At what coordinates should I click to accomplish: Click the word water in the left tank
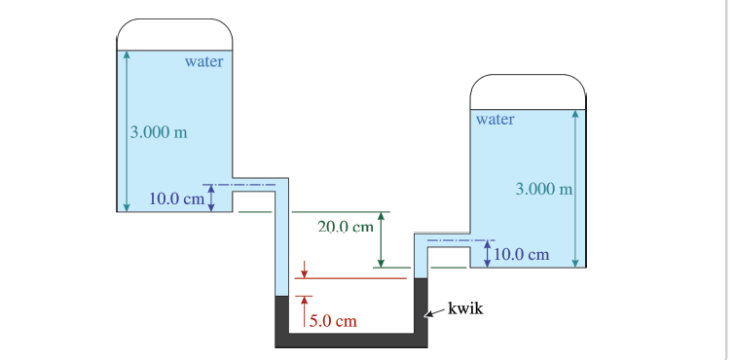point(203,61)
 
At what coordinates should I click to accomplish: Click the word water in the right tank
point(495,120)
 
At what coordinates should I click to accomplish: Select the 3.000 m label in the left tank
point(159,131)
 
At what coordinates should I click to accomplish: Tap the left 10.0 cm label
point(176,199)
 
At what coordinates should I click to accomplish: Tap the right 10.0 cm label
point(523,255)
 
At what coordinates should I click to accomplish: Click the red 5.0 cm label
point(333,320)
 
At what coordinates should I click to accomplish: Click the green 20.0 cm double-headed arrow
point(381,239)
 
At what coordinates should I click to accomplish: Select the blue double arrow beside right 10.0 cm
point(486,253)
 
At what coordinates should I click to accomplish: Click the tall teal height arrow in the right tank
point(576,187)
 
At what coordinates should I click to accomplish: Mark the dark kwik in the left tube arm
point(282,313)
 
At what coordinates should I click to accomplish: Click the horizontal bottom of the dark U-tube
point(351,340)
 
